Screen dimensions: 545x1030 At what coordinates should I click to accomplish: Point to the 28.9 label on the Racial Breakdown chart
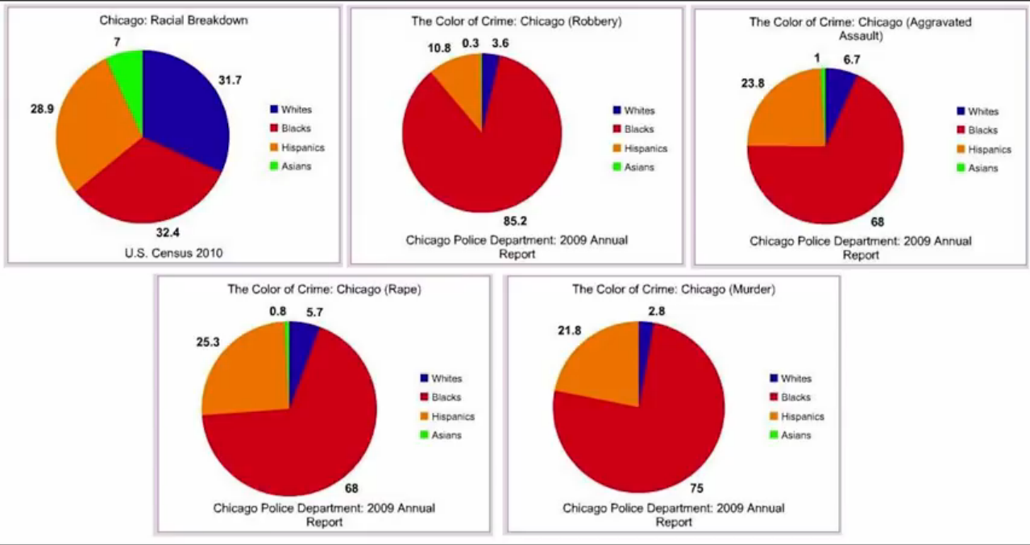(42, 109)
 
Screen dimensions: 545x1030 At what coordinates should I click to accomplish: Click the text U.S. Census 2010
(173, 253)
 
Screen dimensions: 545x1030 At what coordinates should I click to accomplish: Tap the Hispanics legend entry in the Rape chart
(452, 417)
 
